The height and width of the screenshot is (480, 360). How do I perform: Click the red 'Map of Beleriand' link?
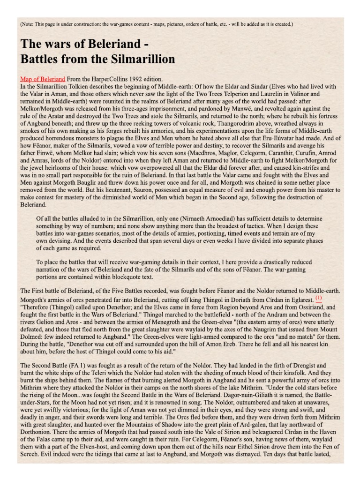(x=43, y=79)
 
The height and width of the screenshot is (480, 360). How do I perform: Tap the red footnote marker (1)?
(x=318, y=298)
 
